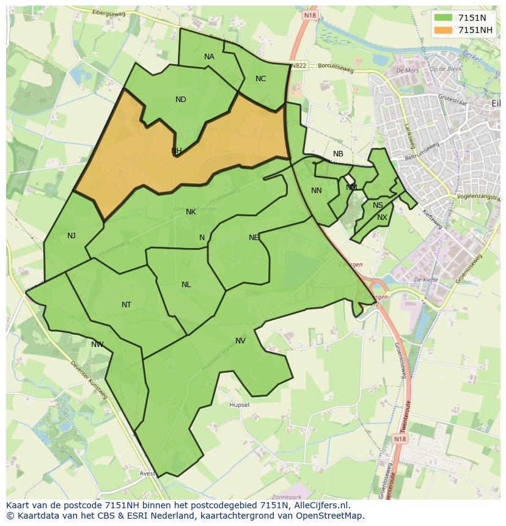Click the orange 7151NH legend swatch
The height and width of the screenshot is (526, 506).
coord(444,30)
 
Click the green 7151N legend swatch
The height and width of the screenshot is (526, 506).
coord(444,18)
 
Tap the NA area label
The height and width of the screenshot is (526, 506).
coord(209,57)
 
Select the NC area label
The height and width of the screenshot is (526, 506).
coord(261,79)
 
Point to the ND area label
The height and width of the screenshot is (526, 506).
coord(181,100)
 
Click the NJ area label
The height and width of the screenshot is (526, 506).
coord(71,235)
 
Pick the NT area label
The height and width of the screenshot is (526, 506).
coord(127,305)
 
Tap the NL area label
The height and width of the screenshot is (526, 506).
coord(186,285)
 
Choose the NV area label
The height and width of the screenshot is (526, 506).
coord(240,341)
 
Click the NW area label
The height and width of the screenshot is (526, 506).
coord(97,345)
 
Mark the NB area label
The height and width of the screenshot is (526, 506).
coord(338,154)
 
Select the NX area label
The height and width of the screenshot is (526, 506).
coord(382,217)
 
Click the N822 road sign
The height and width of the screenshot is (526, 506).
coord(299,65)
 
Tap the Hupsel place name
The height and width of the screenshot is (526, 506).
coord(239,405)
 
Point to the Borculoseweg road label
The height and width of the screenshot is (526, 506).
coord(336,70)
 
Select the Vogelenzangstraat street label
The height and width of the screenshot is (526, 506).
coord(479,197)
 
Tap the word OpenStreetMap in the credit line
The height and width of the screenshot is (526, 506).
coord(329,516)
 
